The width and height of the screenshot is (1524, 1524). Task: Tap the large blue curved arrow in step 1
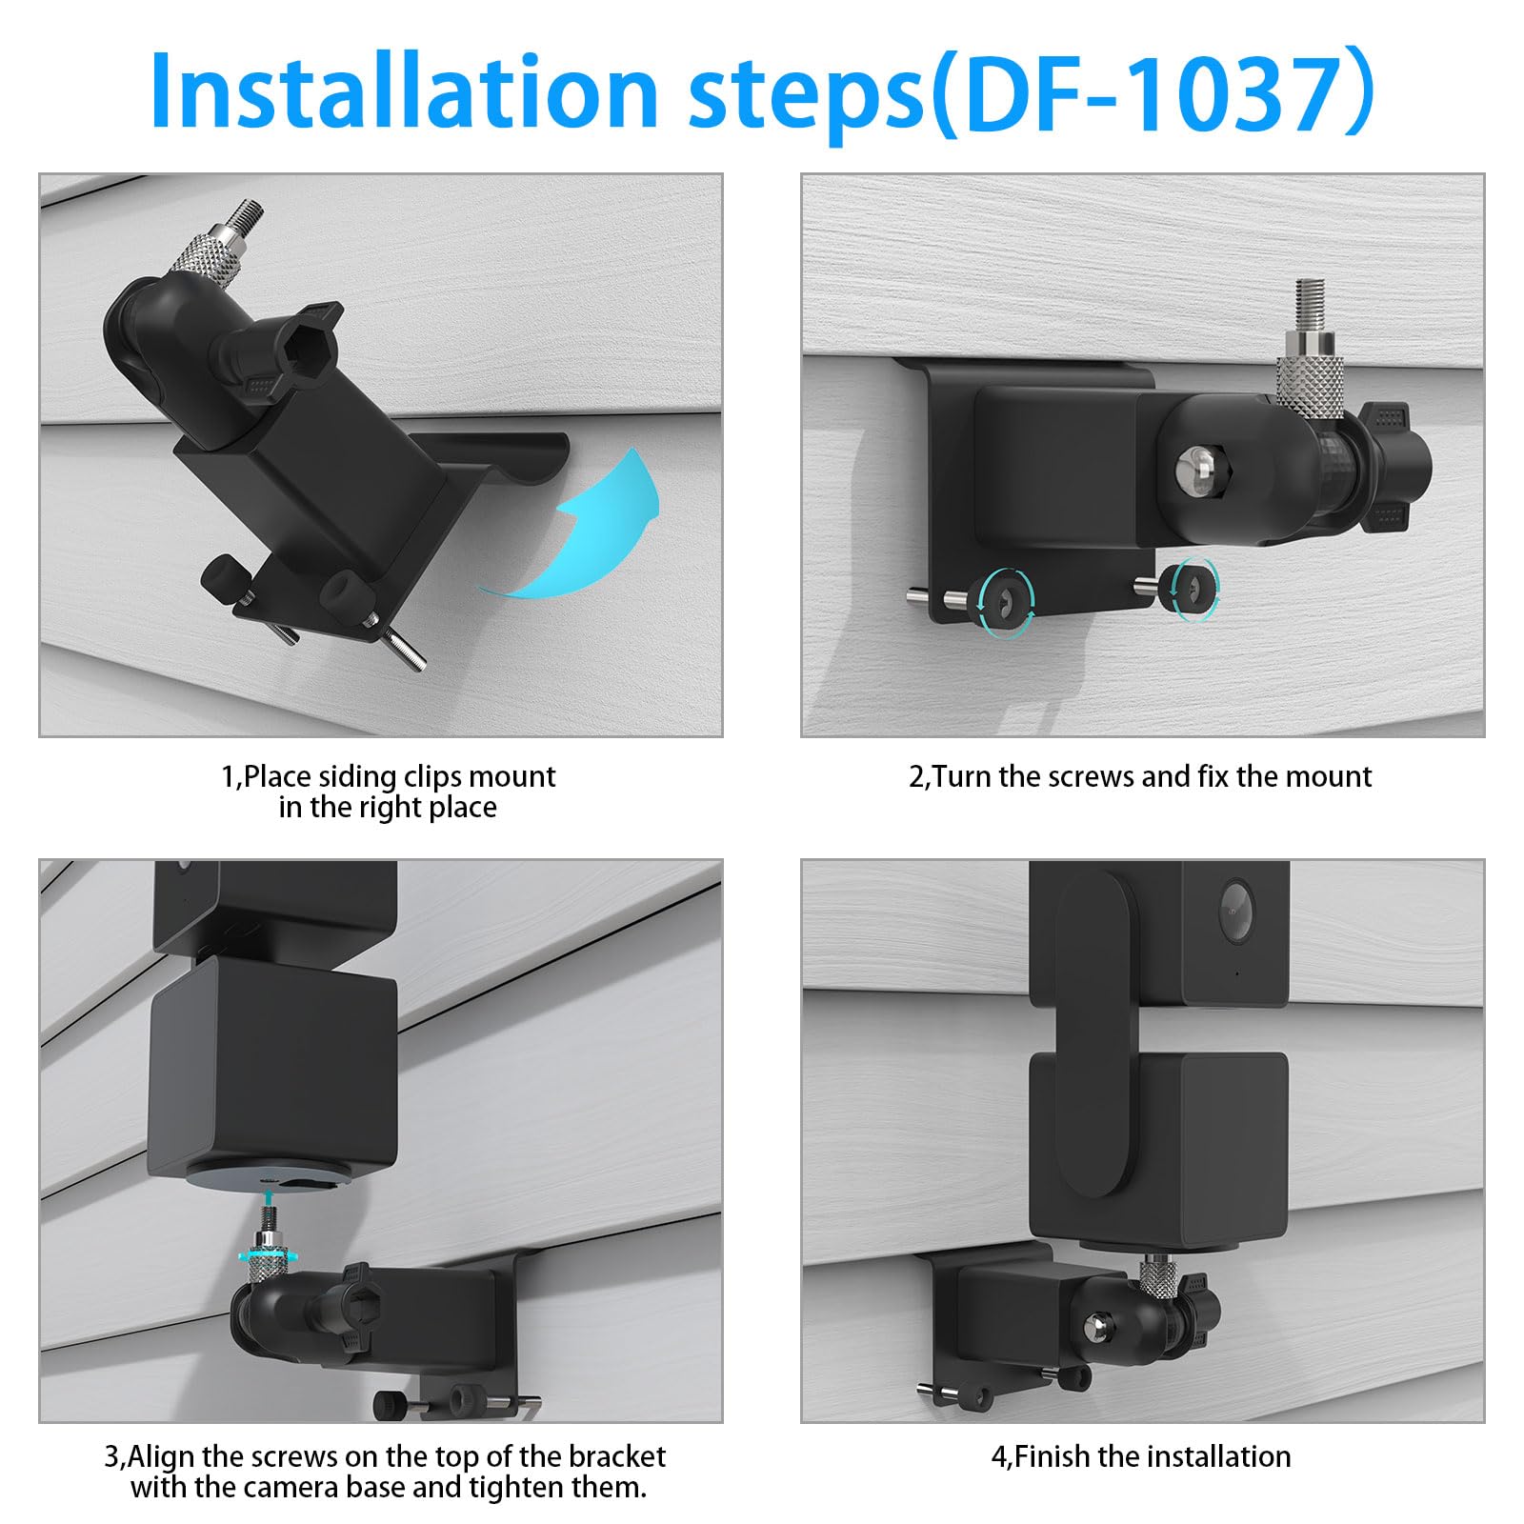point(591,529)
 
